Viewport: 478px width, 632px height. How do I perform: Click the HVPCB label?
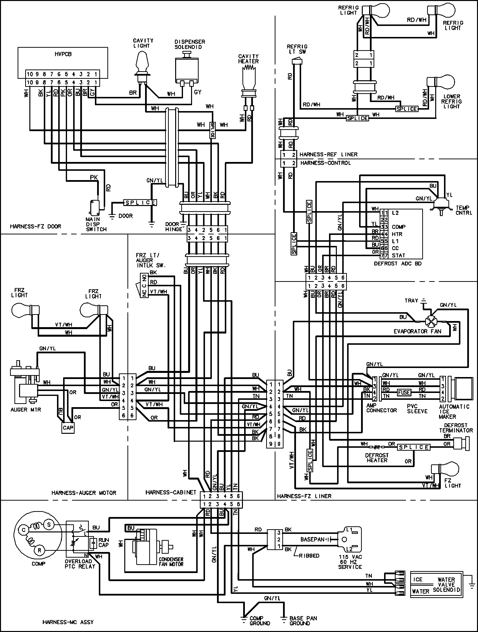(x=63, y=54)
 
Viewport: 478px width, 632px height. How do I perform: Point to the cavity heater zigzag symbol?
(x=248, y=68)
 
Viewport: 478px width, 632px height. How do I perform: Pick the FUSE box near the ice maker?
(x=404, y=392)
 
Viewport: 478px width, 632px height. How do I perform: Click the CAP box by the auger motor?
(x=68, y=428)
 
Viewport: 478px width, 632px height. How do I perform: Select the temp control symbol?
(x=440, y=204)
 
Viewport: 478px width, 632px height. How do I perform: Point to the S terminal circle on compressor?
(x=49, y=525)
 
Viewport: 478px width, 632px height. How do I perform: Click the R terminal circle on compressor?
(x=39, y=550)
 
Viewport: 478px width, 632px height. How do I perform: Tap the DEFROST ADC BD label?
(x=398, y=264)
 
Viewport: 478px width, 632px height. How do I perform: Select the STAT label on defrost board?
(x=398, y=255)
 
